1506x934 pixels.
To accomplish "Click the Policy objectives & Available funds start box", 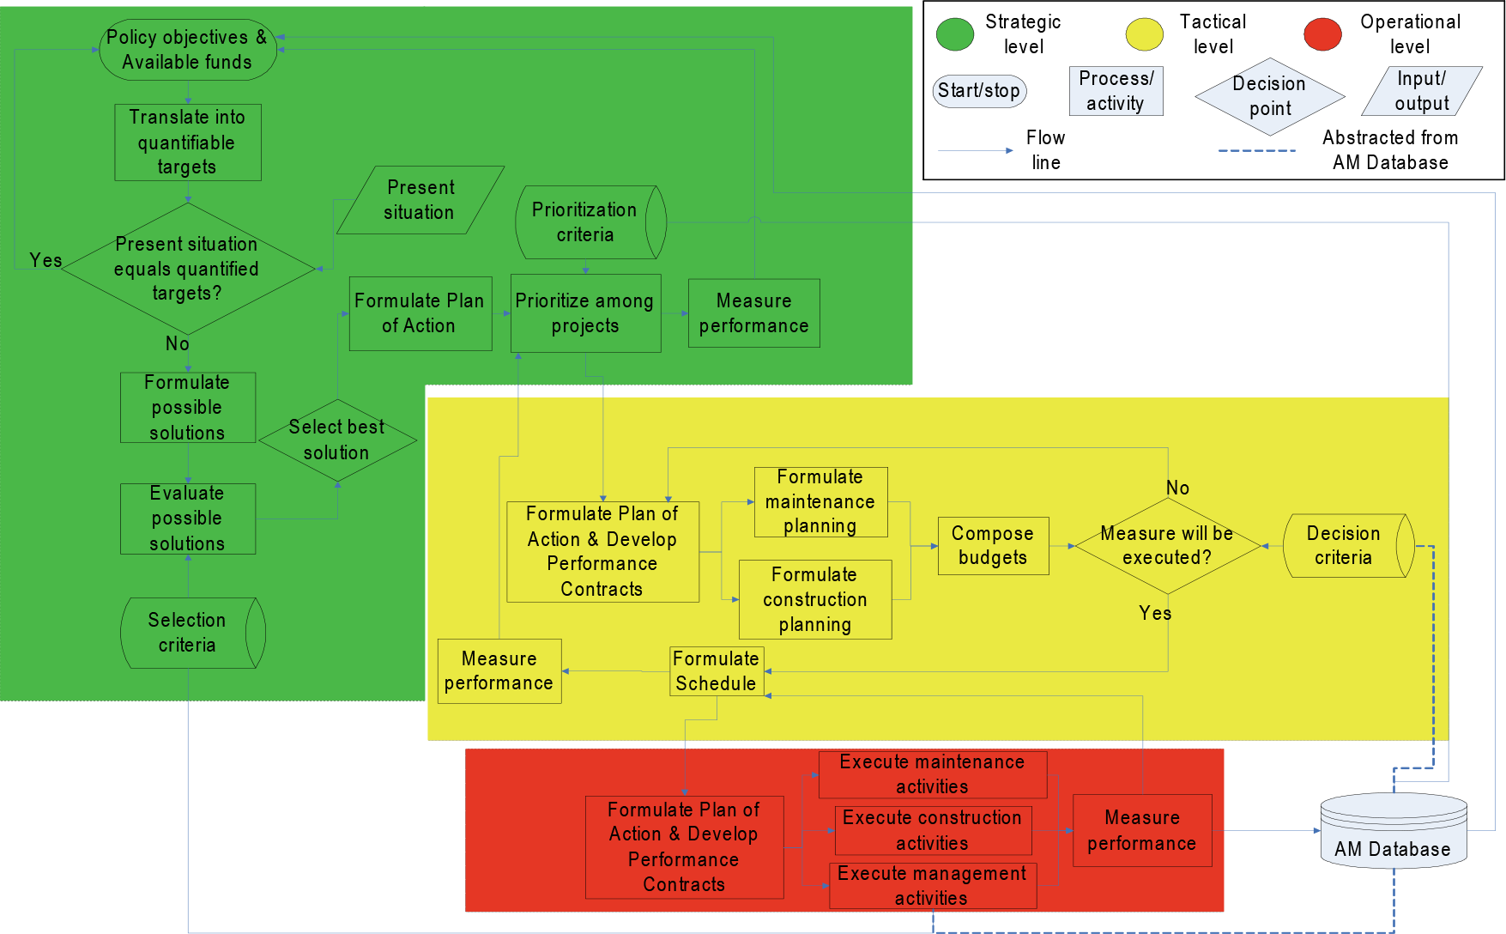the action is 188,50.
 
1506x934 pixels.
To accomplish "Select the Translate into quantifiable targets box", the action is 188,143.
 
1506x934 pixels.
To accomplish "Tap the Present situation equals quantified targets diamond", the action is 188,269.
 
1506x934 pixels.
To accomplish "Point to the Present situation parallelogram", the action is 420,200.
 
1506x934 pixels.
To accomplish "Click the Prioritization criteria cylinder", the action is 590,222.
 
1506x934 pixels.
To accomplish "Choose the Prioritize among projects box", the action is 585,313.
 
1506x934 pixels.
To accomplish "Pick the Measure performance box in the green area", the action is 754,313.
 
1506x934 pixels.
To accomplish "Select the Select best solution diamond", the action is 337,440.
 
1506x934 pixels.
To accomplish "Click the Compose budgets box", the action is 994,546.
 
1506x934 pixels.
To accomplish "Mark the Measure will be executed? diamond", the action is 1168,546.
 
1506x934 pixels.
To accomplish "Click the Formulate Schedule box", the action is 717,671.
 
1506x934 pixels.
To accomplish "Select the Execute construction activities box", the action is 934,830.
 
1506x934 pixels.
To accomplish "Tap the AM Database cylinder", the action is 1394,830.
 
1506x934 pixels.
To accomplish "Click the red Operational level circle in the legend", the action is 1322,34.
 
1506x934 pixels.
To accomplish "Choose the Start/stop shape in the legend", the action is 979,90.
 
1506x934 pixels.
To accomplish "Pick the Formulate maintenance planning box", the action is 821,502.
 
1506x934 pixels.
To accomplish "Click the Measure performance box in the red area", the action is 1142,830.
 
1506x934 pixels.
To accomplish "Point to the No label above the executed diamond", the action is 1177,488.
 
